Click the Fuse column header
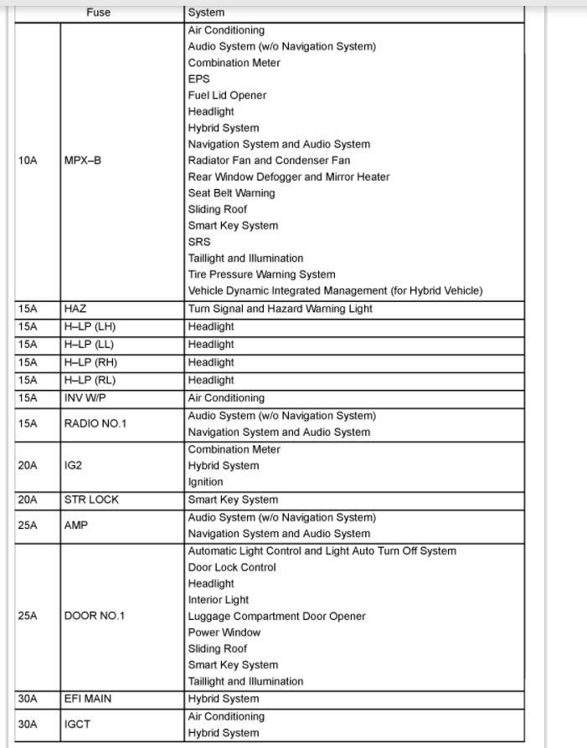coord(98,13)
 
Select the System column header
coord(206,13)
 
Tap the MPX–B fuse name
coord(82,161)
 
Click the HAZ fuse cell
coord(75,309)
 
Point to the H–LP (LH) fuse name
coord(90,326)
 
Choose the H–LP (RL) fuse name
coord(90,380)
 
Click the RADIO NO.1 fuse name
coord(95,423)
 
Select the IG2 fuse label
coord(74,465)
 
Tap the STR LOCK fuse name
coord(91,500)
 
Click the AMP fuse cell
coord(76,526)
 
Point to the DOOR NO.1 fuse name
coord(93,616)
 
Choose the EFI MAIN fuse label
coord(88,699)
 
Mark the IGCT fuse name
coord(77,725)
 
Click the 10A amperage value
coord(28,161)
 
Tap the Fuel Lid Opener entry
coord(227,95)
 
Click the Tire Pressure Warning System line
coord(261,274)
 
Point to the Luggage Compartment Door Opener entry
coord(276,616)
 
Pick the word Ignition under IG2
coord(205,482)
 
